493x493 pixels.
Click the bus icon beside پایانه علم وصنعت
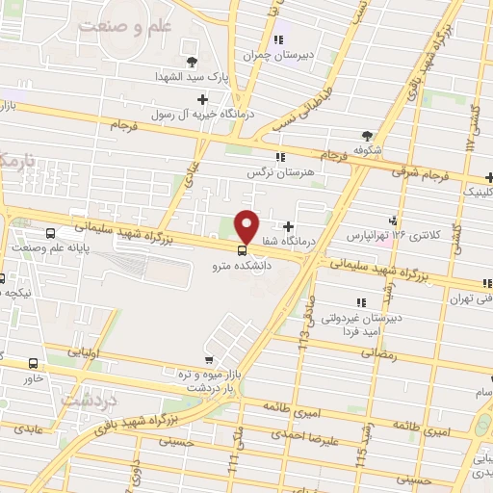pyautogui.click(x=49, y=233)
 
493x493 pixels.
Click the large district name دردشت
pyautogui.click(x=90, y=396)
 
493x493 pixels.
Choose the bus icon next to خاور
pyautogui.click(x=35, y=363)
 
